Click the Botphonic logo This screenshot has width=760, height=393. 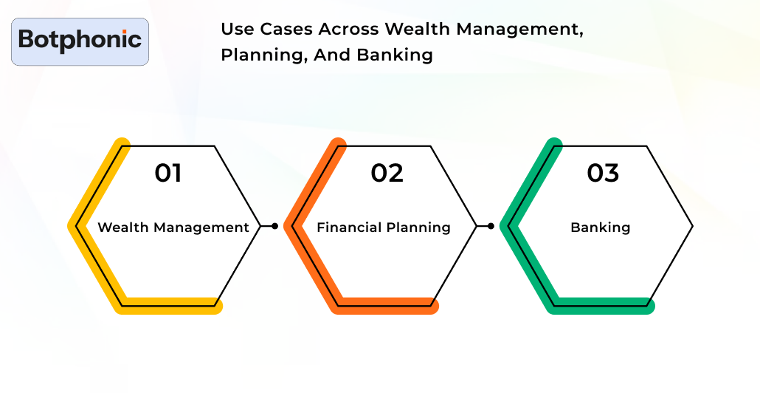click(80, 40)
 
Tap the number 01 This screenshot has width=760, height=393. click(168, 173)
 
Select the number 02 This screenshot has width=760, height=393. click(387, 173)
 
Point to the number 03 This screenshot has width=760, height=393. click(603, 173)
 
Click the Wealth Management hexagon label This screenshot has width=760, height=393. click(173, 228)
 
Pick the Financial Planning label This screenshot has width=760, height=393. click(384, 228)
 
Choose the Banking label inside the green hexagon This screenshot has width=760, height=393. click(601, 228)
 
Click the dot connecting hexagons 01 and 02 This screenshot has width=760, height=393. click(274, 226)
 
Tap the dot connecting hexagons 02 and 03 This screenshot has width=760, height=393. click(491, 226)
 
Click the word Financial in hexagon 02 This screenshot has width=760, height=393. click(347, 228)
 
